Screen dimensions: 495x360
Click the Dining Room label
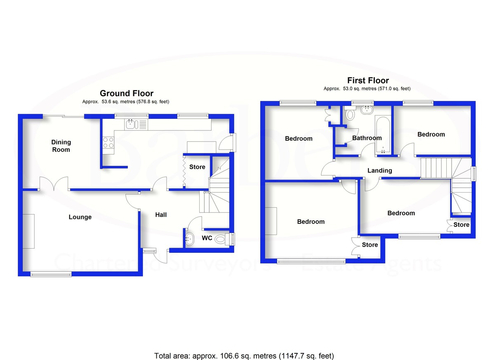(x=61, y=146)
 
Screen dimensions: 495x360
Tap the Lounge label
(x=80, y=217)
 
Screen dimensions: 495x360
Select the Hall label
(x=161, y=215)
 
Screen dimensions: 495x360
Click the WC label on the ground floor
(x=207, y=238)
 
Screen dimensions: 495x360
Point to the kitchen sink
(x=130, y=124)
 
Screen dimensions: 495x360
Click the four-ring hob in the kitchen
(x=108, y=143)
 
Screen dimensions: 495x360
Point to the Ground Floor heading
(x=127, y=93)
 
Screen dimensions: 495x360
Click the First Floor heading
(x=368, y=80)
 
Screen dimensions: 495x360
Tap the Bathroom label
(x=367, y=138)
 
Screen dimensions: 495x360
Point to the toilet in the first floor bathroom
(x=350, y=114)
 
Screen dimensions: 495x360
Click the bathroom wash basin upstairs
(x=365, y=110)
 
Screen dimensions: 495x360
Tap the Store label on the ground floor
(x=197, y=167)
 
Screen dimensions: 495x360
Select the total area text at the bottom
(x=244, y=355)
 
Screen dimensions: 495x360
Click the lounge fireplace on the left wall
(x=28, y=231)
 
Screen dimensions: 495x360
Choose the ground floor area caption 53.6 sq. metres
(x=125, y=101)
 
